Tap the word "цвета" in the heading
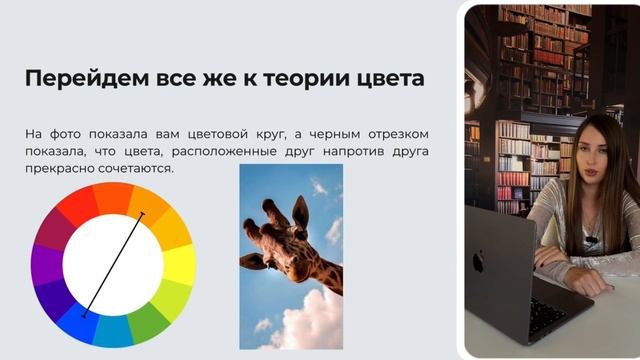pyautogui.click(x=388, y=79)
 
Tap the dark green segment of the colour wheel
pyautogui.click(x=148, y=321)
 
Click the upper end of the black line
pyautogui.click(x=142, y=214)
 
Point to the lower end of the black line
pyautogui.click(x=84, y=315)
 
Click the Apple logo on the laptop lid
pyautogui.click(x=478, y=262)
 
